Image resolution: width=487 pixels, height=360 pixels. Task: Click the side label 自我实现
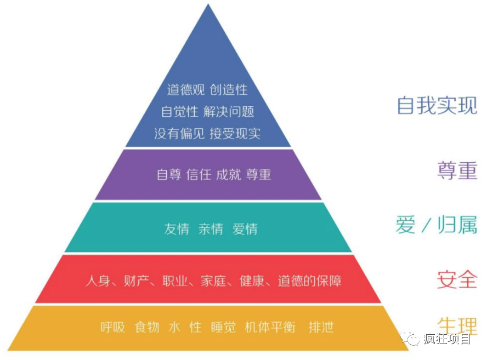437,106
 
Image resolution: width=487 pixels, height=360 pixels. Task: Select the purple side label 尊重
457,170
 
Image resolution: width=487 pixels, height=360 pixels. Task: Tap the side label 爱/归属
437,224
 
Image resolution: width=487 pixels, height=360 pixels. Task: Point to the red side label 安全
457,279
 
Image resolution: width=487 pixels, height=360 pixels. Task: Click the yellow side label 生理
457,326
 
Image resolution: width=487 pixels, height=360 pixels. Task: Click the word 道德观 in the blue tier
186,90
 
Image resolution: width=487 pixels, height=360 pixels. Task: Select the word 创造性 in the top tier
229,90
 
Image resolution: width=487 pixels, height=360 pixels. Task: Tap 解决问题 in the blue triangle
229,111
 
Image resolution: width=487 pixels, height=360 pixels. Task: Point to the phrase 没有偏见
179,134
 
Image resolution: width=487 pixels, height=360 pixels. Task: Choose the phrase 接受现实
235,134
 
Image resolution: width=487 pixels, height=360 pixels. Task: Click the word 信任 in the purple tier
199,174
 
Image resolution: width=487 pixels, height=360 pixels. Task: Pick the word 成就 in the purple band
228,174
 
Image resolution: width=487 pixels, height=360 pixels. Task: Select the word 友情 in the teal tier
177,229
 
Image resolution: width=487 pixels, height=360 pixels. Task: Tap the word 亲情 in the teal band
211,229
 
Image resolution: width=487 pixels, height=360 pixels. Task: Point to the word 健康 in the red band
252,281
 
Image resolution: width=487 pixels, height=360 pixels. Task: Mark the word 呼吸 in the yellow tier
113,327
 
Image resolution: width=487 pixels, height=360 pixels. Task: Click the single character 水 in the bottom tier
174,327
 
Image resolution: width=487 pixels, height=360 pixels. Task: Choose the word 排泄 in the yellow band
321,327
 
